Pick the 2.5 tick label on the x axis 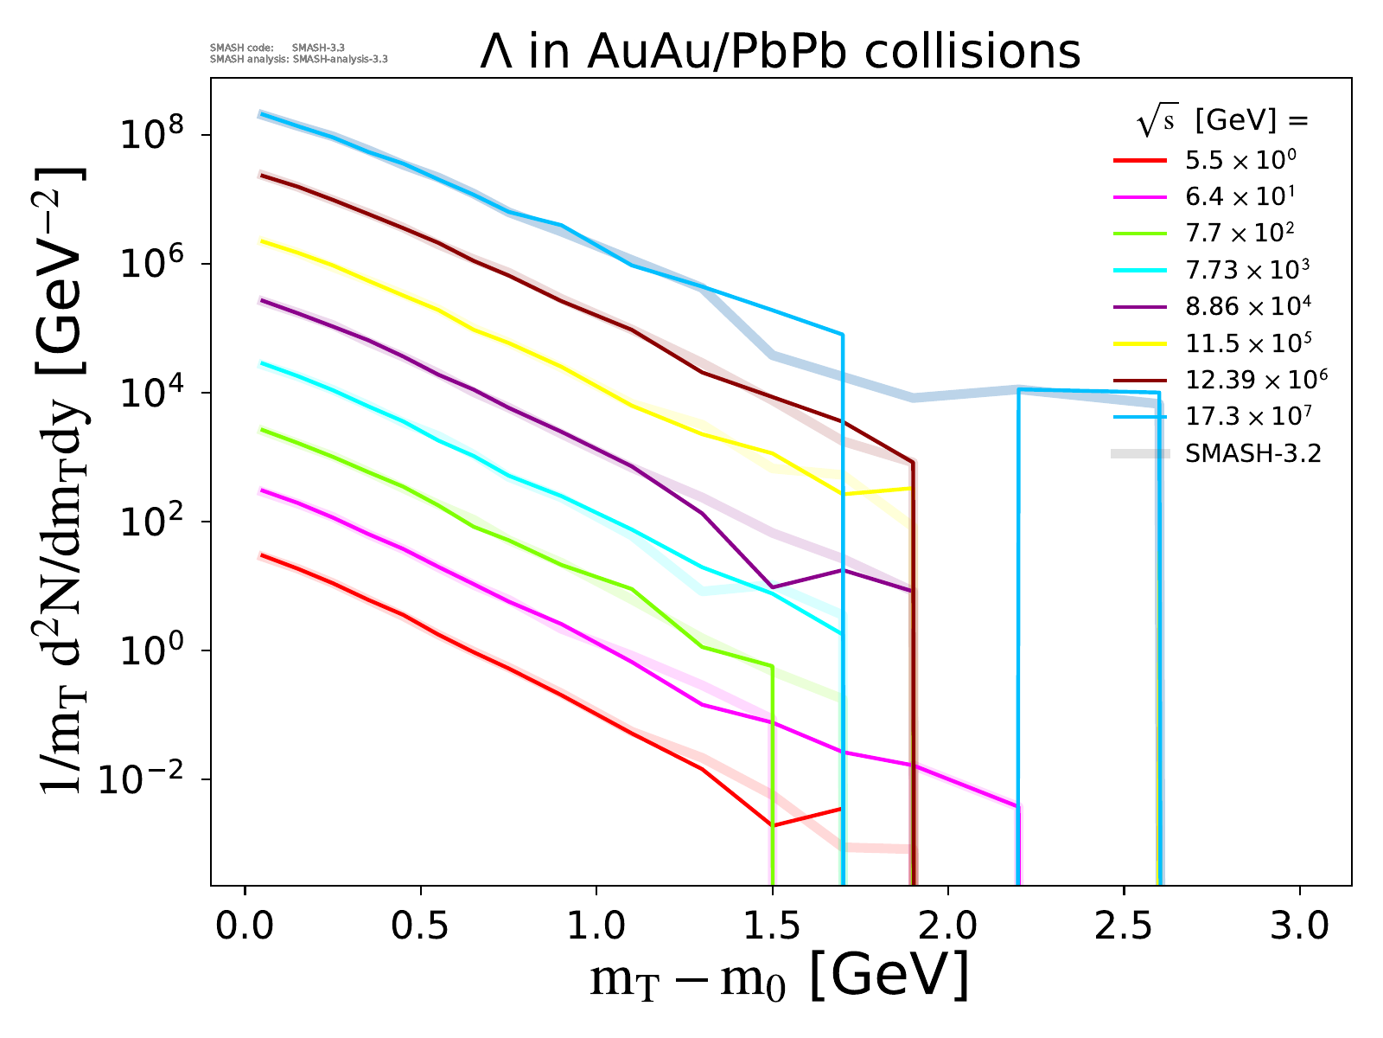[1124, 926]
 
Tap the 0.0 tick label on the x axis [245, 926]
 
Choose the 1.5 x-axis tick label [773, 926]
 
